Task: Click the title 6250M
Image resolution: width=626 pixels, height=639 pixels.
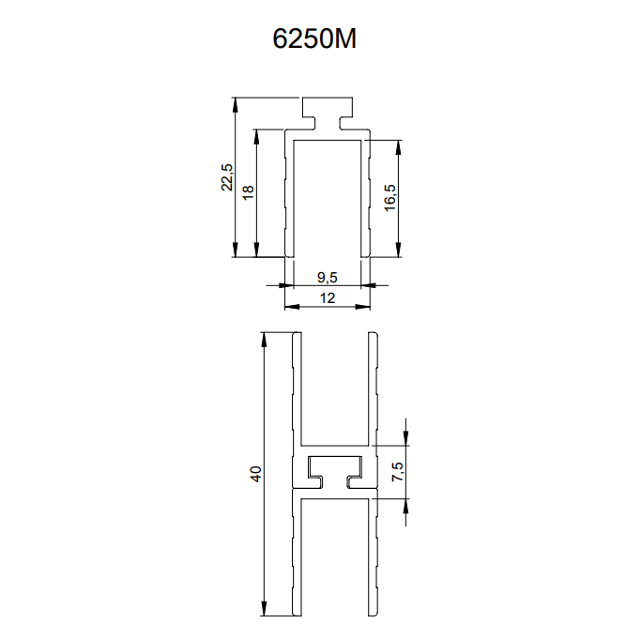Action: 314,38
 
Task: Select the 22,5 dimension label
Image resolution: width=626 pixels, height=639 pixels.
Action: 226,177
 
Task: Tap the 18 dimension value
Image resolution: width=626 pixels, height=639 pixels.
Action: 248,192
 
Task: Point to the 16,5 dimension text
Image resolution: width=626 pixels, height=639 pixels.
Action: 390,198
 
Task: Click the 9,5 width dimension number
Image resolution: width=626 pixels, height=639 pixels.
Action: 328,278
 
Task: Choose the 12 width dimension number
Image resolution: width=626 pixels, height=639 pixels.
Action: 328,298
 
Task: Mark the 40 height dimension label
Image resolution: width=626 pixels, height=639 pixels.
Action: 255,474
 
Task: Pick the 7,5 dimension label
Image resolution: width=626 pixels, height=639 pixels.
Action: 397,471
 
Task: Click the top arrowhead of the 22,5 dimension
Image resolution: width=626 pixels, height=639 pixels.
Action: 235,105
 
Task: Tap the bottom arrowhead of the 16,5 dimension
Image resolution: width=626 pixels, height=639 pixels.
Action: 399,250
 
